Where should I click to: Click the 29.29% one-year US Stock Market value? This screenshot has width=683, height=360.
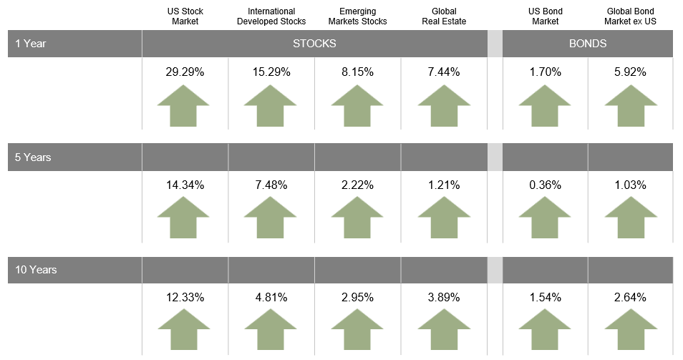pyautogui.click(x=185, y=72)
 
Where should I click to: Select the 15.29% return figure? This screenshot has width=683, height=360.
pyautogui.click(x=271, y=72)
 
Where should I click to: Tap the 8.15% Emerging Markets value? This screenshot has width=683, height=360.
pyautogui.click(x=358, y=72)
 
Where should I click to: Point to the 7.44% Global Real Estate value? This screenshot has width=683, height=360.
pyautogui.click(x=444, y=72)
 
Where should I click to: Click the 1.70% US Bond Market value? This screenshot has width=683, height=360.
pyautogui.click(x=545, y=72)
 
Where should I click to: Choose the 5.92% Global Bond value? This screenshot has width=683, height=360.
pyautogui.click(x=630, y=72)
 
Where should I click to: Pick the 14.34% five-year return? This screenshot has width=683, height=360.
pyautogui.click(x=185, y=185)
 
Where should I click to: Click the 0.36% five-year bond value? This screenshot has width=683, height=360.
pyautogui.click(x=545, y=185)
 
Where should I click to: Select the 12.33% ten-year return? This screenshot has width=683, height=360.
pyautogui.click(x=185, y=297)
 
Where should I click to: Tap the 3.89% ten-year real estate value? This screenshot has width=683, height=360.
pyautogui.click(x=444, y=297)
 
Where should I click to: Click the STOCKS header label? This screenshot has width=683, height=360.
pyautogui.click(x=314, y=44)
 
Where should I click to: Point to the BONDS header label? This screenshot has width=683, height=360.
pyautogui.click(x=588, y=44)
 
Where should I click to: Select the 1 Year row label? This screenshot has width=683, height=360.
pyautogui.click(x=31, y=44)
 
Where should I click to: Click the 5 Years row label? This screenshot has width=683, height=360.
pyautogui.click(x=33, y=157)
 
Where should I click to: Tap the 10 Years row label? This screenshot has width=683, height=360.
pyautogui.click(x=36, y=269)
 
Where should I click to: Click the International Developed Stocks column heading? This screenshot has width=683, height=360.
pyautogui.click(x=271, y=16)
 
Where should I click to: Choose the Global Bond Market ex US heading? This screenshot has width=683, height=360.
pyautogui.click(x=630, y=16)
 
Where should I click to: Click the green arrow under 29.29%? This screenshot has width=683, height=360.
pyautogui.click(x=183, y=106)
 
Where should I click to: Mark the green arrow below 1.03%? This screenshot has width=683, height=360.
pyautogui.click(x=631, y=218)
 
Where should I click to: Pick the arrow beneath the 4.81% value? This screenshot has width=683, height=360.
pyautogui.click(x=271, y=329)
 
